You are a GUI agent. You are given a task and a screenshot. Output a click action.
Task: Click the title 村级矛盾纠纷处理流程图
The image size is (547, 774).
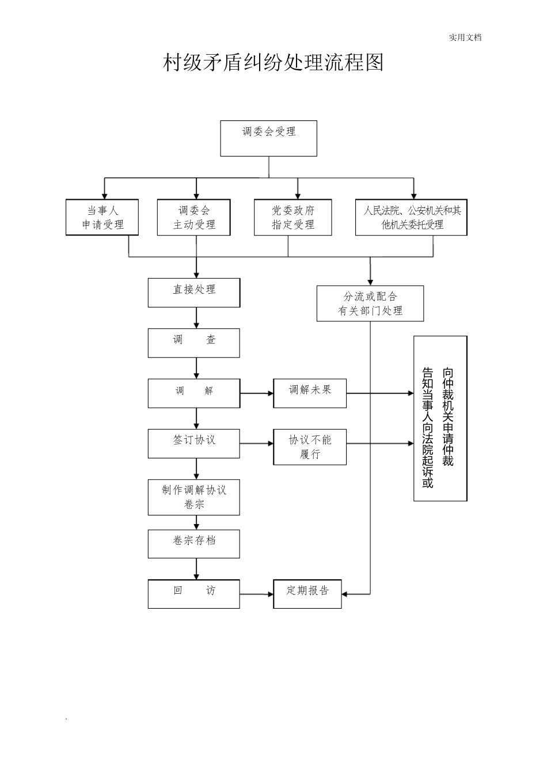[273, 63]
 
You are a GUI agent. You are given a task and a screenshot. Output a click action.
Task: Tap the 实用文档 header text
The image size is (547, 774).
[465, 37]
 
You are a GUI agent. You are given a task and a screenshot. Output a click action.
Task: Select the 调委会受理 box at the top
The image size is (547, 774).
[268, 138]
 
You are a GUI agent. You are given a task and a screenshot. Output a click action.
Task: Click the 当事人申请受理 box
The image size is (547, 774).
[102, 218]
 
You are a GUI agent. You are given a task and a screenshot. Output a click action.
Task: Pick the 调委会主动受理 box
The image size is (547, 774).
[193, 218]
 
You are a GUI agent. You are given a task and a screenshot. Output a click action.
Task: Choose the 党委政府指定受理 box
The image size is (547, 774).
[293, 218]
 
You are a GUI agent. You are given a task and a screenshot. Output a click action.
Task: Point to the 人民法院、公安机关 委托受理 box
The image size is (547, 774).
[411, 218]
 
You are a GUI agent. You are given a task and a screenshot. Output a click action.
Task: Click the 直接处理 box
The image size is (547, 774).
[193, 293]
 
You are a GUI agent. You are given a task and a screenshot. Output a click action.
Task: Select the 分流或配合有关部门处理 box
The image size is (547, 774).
[370, 303]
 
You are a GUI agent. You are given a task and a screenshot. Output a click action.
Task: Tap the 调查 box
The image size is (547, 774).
[193, 343]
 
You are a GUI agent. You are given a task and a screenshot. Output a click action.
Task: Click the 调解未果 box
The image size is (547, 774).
[310, 393]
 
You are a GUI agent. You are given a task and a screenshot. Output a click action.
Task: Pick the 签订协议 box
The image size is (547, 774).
[193, 443]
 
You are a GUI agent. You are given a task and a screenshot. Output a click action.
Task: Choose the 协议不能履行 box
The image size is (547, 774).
[310, 447]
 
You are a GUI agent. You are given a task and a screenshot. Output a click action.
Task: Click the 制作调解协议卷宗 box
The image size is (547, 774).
[193, 497]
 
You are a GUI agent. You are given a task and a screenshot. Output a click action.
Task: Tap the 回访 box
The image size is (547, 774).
[193, 594]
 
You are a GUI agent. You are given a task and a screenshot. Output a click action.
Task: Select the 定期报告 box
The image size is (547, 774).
[307, 594]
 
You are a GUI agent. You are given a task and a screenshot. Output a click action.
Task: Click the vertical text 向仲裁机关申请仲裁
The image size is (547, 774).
[448, 417]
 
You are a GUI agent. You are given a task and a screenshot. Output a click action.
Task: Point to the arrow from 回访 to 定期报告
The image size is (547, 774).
[256, 594]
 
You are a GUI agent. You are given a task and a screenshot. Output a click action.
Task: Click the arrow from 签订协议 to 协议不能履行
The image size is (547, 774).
[256, 443]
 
